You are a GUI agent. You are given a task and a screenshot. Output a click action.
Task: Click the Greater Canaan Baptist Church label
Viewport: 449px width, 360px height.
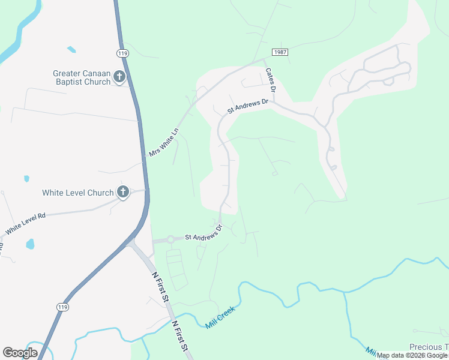point(82,77)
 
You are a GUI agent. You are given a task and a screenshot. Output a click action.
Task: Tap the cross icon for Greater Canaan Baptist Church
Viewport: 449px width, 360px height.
point(119,76)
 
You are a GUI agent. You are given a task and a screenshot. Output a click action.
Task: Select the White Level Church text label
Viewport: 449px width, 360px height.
point(77,193)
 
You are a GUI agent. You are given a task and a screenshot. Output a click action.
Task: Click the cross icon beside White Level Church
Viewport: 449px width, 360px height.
point(122,192)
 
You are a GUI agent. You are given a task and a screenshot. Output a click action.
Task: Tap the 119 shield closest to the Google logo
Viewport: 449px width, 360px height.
point(61,307)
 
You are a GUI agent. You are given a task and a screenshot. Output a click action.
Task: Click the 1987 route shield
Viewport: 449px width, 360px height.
point(280,52)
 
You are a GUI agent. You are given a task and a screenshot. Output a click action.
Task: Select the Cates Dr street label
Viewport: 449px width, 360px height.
point(271,80)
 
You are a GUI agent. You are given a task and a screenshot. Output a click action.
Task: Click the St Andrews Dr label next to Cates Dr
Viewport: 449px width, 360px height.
point(247,107)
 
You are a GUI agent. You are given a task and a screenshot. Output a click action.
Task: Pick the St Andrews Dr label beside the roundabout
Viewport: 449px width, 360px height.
point(203,233)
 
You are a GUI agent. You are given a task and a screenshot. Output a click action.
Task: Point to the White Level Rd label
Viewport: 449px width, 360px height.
point(25,224)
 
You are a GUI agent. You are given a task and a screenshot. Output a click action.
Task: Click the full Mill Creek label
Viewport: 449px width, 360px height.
point(219,316)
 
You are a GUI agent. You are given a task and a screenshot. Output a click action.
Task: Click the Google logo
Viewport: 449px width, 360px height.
point(20,353)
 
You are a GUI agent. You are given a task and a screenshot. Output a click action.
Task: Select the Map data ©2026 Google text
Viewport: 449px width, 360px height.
point(412,356)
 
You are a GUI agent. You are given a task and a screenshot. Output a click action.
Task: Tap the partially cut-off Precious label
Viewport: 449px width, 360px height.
point(429,347)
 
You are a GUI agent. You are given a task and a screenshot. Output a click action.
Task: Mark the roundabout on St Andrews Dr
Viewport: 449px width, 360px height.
point(170,239)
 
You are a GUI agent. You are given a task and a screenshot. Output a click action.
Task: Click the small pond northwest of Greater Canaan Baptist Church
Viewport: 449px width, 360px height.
point(71,49)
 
